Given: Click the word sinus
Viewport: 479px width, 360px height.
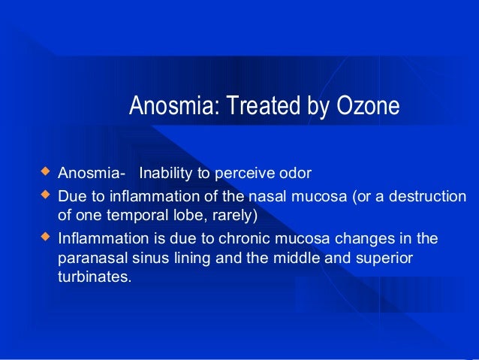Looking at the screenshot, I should [x=143, y=259].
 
